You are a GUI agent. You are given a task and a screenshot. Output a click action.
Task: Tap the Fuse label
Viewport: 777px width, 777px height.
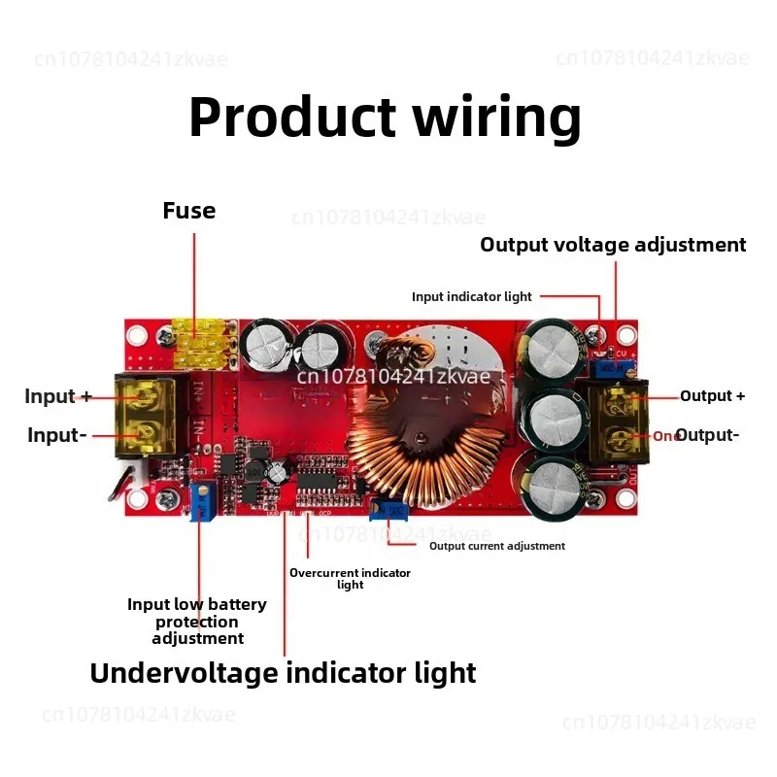pyautogui.click(x=189, y=211)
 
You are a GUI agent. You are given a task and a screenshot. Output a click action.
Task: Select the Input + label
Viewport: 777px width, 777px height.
pyautogui.click(x=58, y=396)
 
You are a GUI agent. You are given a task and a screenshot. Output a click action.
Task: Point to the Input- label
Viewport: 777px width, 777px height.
pyautogui.click(x=57, y=435)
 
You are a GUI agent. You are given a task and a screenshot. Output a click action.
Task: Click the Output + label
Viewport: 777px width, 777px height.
pyautogui.click(x=713, y=395)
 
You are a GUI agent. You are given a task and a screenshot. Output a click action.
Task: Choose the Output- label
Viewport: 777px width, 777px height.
pyautogui.click(x=707, y=435)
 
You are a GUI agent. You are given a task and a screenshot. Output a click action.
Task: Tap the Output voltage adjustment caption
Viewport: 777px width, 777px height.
pyautogui.click(x=613, y=245)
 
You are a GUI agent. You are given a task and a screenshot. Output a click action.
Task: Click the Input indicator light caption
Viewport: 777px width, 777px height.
pyautogui.click(x=472, y=296)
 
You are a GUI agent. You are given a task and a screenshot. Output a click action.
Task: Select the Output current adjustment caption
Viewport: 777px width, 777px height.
pyautogui.click(x=497, y=546)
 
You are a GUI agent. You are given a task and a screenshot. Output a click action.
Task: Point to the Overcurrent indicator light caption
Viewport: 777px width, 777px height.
pyautogui.click(x=350, y=578)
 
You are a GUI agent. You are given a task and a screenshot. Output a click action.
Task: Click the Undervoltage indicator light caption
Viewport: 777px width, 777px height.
pyautogui.click(x=283, y=673)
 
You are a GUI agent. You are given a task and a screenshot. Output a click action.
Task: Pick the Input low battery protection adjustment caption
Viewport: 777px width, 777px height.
pyautogui.click(x=197, y=622)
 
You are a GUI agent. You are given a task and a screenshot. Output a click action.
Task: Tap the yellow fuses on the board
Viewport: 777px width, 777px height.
pyautogui.click(x=204, y=344)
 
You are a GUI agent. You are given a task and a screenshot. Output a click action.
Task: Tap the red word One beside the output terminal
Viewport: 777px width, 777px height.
pyautogui.click(x=665, y=437)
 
